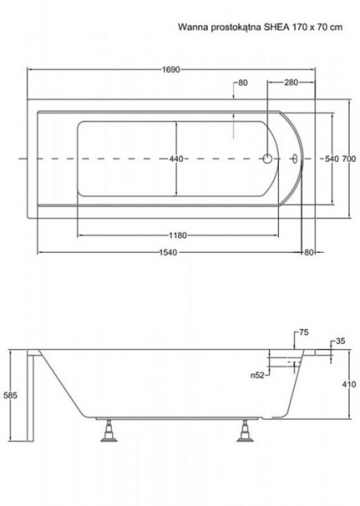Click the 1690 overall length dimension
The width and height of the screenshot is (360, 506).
171,69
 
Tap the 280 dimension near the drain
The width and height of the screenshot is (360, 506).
291,82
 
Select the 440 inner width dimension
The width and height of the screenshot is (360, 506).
176,159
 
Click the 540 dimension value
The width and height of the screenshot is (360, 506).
332,159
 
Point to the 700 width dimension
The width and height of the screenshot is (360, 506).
349,159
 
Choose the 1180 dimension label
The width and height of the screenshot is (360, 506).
178,236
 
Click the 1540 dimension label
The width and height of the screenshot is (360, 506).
168,252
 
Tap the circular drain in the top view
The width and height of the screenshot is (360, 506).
267,159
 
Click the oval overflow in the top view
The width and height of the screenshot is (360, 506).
295,159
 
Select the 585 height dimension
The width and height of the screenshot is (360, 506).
10,395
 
